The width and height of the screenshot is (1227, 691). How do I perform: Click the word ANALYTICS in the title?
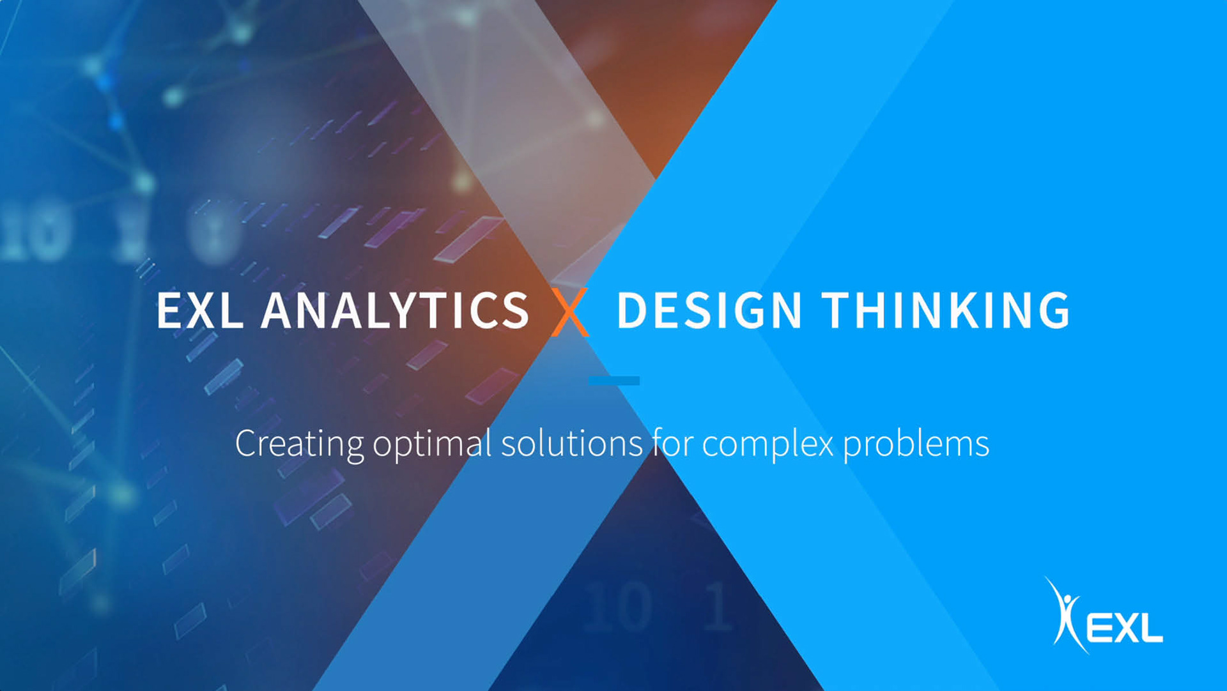point(395,310)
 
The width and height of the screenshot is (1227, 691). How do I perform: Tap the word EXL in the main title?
point(200,310)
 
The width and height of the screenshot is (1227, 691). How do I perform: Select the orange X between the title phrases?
point(570,312)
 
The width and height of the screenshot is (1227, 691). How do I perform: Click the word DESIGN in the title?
point(709,310)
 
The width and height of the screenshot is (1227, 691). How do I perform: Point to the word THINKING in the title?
point(946,310)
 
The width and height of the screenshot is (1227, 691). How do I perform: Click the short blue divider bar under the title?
point(614,381)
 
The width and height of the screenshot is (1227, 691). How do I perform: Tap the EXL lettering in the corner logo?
point(1124,628)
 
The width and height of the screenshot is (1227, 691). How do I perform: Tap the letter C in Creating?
point(246,443)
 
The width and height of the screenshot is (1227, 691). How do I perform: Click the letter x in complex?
point(824,447)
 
